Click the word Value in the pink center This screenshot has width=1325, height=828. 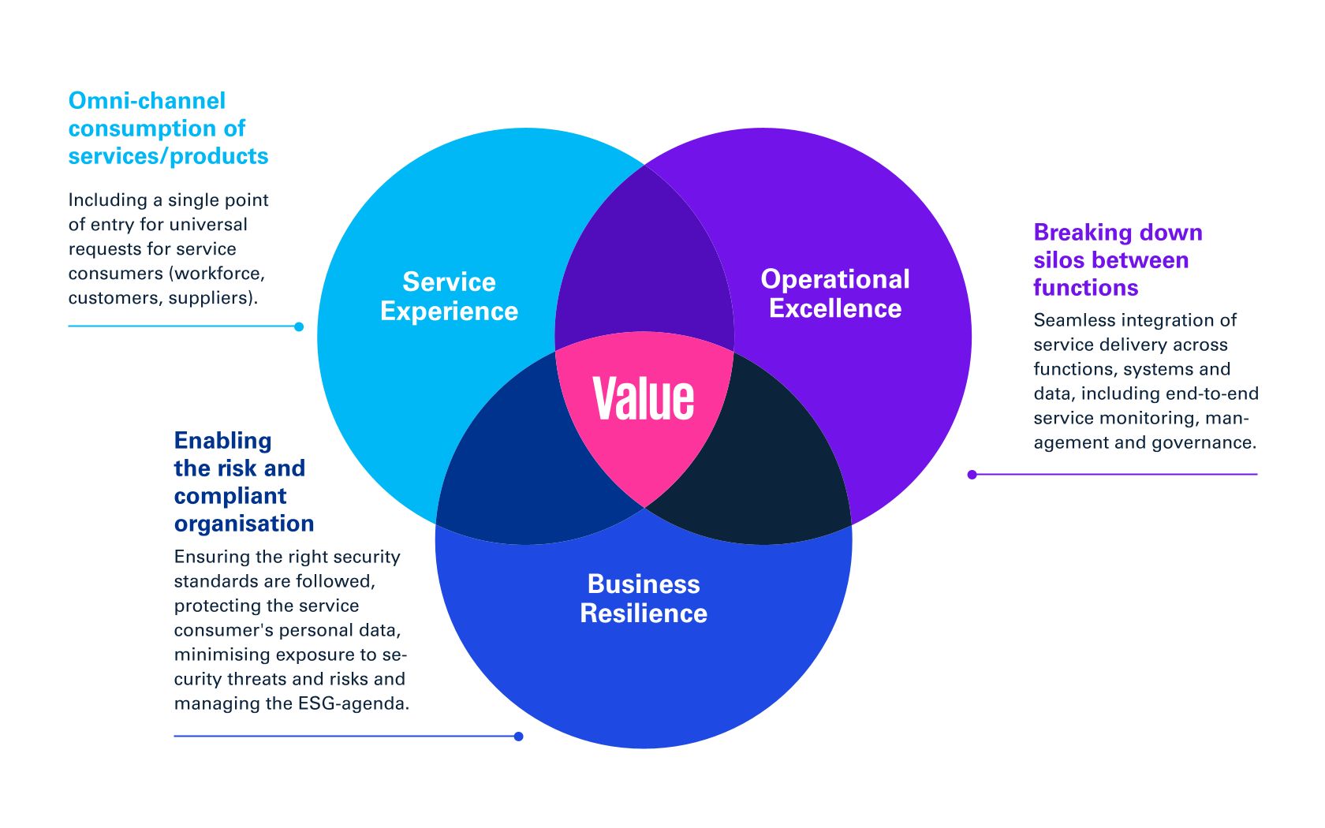pyautogui.click(x=644, y=398)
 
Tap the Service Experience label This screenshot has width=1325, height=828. pyautogui.click(x=449, y=297)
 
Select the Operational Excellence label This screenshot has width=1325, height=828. pyautogui.click(x=834, y=293)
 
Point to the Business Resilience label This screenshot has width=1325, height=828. pyautogui.click(x=644, y=599)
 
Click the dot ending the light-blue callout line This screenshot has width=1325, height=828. pyautogui.click(x=299, y=326)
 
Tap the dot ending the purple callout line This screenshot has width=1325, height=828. pyautogui.click(x=972, y=475)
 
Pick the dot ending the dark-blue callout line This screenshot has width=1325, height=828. pyautogui.click(x=518, y=737)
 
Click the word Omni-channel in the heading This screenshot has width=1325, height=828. pyautogui.click(x=147, y=101)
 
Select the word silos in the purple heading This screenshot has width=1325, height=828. pyautogui.click(x=1060, y=260)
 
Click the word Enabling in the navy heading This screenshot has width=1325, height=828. pyautogui.click(x=222, y=441)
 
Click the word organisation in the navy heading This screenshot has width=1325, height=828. pyautogui.click(x=244, y=524)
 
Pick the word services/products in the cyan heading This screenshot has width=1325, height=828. pyautogui.click(x=168, y=156)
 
